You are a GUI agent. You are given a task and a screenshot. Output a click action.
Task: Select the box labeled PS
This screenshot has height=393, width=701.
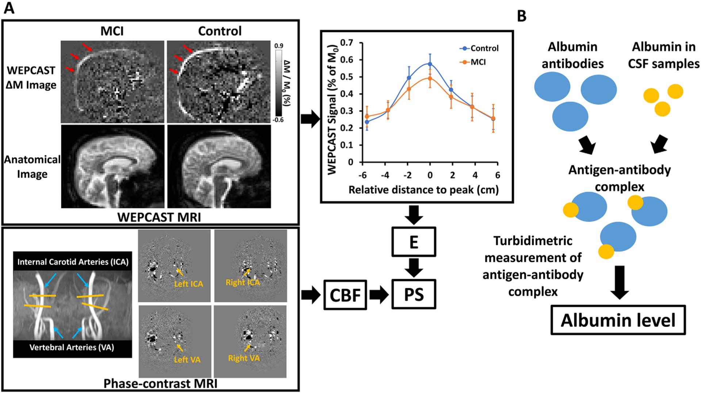[414, 294]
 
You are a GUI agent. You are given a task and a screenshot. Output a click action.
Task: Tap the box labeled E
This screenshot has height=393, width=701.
[414, 242]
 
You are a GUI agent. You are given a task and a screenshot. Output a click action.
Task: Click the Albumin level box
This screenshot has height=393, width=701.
[618, 320]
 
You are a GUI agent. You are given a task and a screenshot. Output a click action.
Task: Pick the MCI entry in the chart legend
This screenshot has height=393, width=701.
[478, 62]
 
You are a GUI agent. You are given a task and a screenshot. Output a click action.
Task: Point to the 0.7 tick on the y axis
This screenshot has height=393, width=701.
[347, 43]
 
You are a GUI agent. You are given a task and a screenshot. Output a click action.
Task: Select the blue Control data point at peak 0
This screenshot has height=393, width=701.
[430, 64]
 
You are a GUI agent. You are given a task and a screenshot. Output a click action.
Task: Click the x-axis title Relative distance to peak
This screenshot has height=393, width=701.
[424, 190]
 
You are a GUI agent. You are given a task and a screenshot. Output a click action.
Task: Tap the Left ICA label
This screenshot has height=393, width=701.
[188, 284]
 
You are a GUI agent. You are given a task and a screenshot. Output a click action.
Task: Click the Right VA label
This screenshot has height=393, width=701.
[244, 358]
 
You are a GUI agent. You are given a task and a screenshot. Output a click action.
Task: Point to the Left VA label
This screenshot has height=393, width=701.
[187, 359]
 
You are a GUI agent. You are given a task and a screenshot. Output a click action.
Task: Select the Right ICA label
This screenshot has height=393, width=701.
[243, 282]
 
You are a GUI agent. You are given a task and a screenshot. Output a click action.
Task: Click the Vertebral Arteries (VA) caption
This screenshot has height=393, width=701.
[72, 347]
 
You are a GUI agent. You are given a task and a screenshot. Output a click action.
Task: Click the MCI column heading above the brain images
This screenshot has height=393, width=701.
[112, 31]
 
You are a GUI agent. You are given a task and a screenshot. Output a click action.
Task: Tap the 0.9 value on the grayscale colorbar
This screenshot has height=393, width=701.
[279, 46]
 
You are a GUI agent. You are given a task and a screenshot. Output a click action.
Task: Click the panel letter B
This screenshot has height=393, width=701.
[522, 16]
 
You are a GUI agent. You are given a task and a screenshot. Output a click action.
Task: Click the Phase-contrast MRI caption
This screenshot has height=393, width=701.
[160, 384]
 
